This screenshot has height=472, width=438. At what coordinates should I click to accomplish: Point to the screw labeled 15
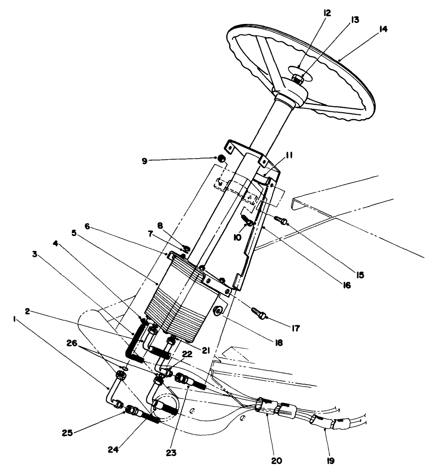(281, 222)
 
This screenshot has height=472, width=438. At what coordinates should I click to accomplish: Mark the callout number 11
(288, 156)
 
